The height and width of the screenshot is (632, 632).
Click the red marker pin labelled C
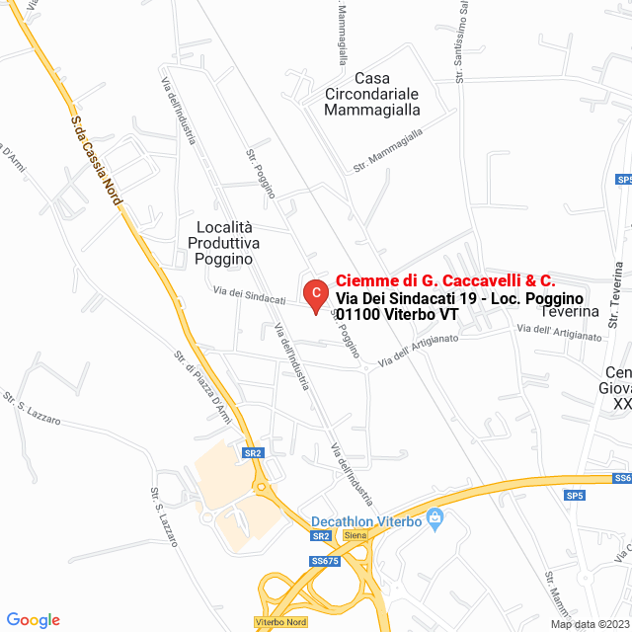point(314,293)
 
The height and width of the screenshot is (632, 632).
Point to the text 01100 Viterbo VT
point(397,315)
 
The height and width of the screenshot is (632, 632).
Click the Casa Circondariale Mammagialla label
point(372,94)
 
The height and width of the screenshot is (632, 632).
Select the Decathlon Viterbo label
point(365,520)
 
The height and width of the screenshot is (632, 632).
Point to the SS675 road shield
point(324,561)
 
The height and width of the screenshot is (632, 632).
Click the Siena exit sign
point(355,535)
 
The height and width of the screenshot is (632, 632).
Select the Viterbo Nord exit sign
point(280,622)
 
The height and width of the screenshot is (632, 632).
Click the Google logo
point(33,619)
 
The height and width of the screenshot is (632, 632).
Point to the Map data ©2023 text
point(590,624)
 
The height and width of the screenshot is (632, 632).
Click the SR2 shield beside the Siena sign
point(320,536)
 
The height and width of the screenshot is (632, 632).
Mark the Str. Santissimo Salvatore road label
point(460,39)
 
